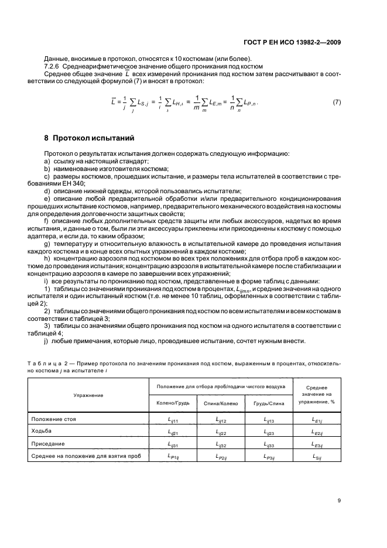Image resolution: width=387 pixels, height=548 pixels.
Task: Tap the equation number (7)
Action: tap(337, 102)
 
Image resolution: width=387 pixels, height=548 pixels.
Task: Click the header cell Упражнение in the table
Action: tap(88, 395)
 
